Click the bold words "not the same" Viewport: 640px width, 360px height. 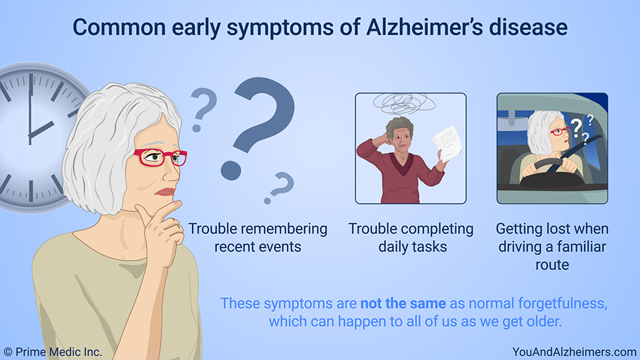click(403, 303)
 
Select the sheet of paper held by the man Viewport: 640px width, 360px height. click(447, 143)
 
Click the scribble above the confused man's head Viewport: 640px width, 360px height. click(404, 103)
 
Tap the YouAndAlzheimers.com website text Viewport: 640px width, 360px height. click(574, 352)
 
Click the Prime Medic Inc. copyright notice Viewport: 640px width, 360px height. click(53, 352)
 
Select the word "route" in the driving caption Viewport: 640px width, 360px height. click(552, 265)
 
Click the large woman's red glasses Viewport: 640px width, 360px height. click(160, 157)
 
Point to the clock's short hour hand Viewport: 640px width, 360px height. click(41, 130)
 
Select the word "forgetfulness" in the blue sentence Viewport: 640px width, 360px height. click(563, 303)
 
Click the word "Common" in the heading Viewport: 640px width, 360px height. click(119, 27)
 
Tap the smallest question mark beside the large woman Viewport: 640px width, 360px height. click(279, 187)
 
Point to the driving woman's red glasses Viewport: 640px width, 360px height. click(559, 131)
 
